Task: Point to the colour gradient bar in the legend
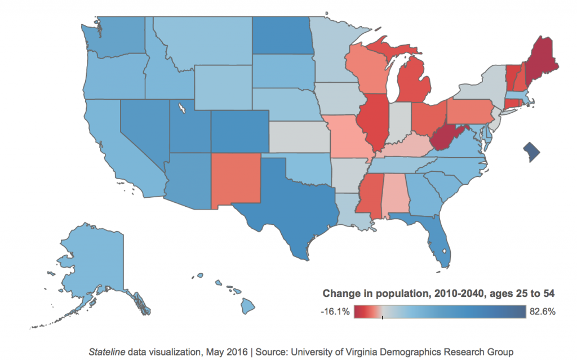point(440,312)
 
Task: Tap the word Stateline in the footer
point(106,352)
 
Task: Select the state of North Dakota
point(281,37)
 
